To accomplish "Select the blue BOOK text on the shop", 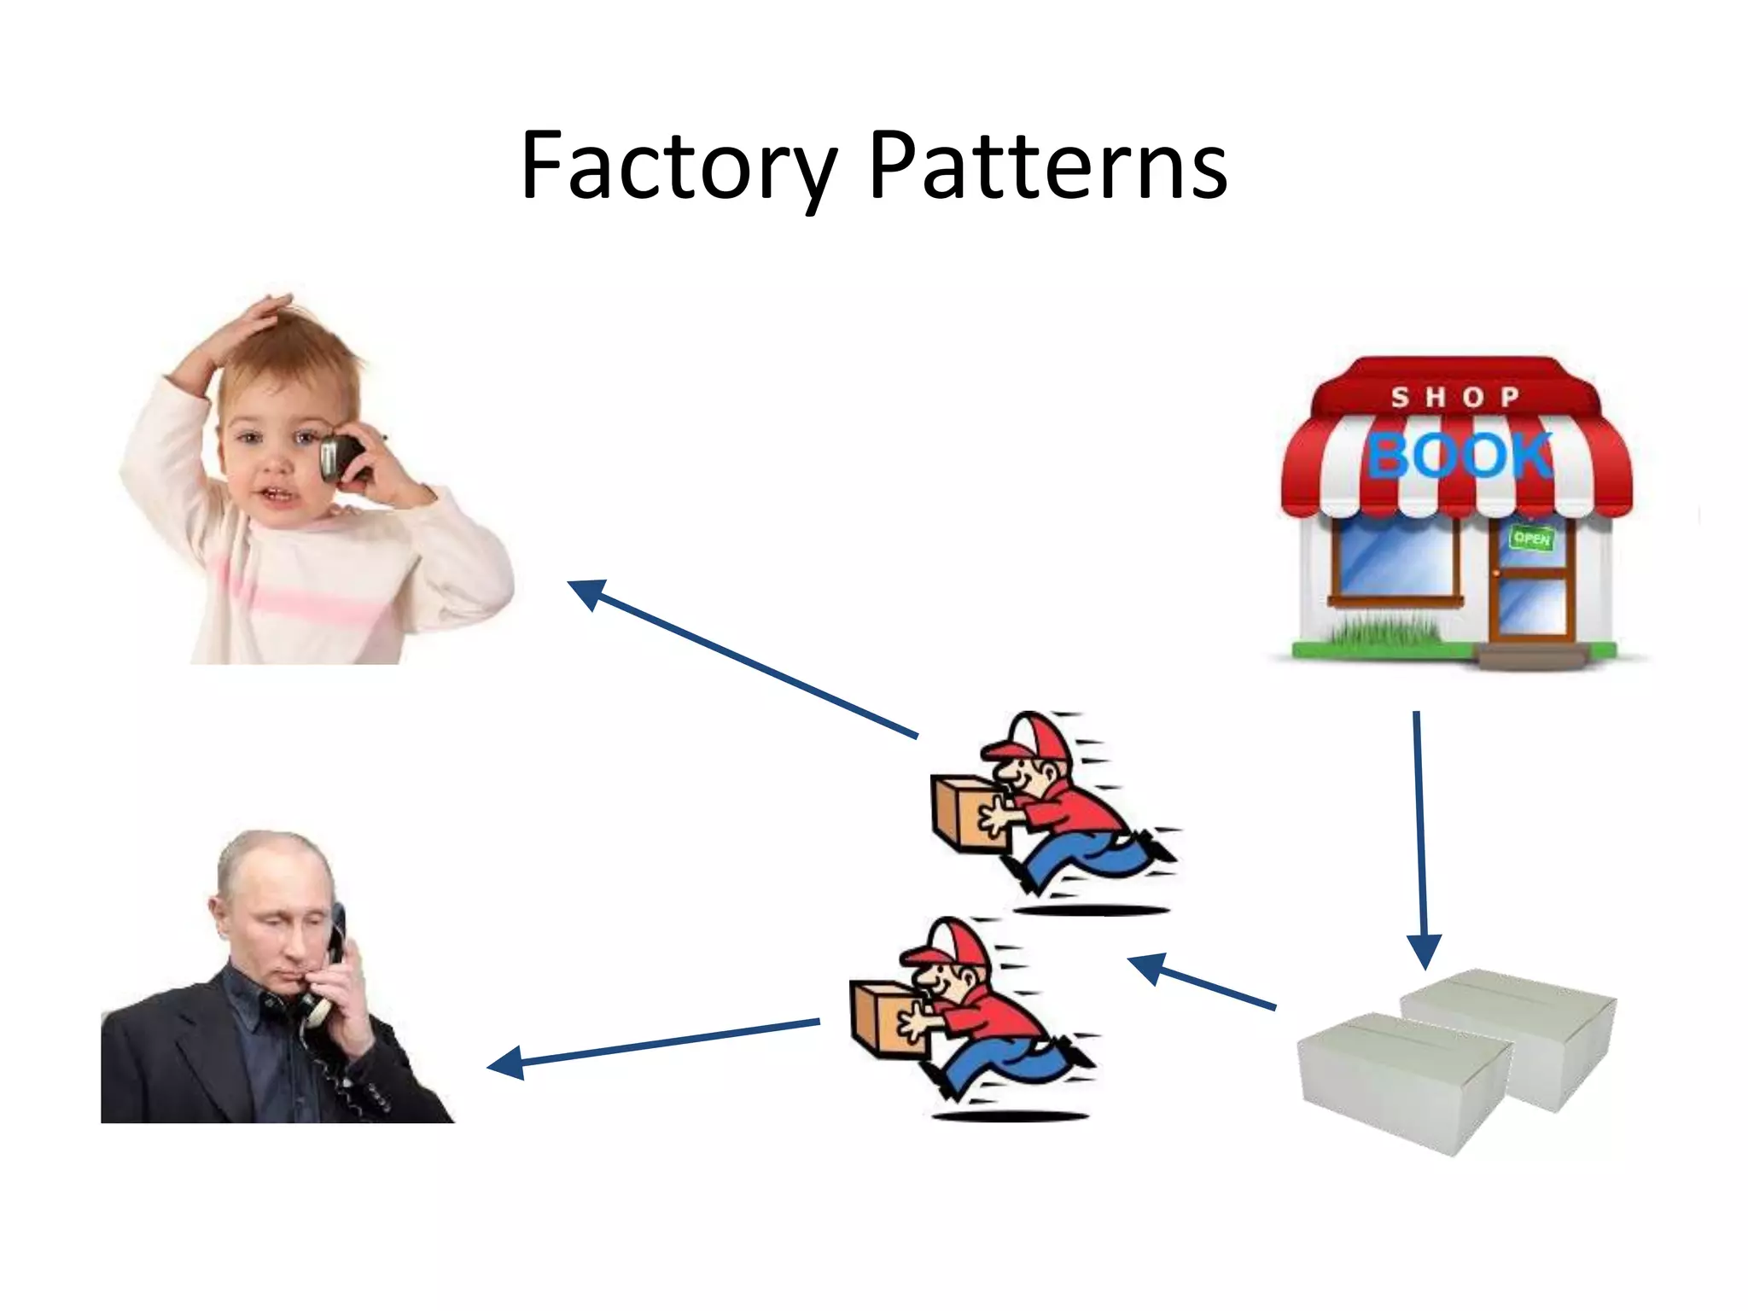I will point(1460,455).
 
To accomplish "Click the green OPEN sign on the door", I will point(1531,539).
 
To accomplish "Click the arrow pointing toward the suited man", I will point(653,1043).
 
